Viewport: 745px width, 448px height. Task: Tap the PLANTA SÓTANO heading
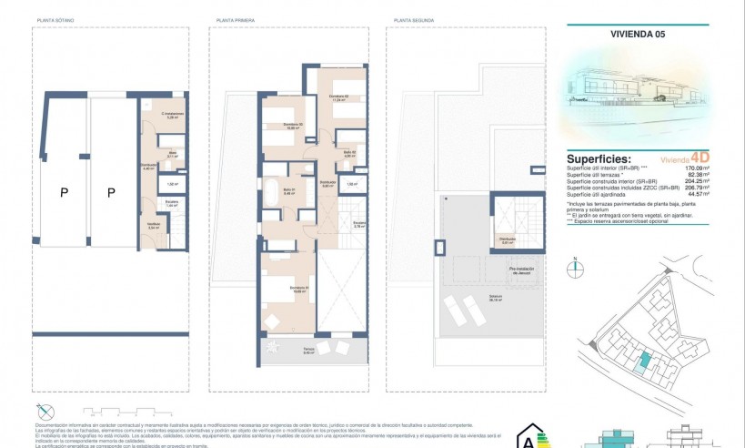(55, 19)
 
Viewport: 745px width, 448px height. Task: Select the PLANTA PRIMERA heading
(236, 19)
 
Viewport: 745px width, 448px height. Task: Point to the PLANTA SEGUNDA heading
(413, 19)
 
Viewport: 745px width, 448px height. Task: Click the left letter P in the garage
(64, 192)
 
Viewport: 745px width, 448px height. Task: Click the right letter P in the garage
(111, 192)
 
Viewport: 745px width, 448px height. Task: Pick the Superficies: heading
(598, 158)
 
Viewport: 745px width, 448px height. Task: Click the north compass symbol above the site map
(576, 268)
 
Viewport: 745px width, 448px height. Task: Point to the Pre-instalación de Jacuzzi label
(521, 270)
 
